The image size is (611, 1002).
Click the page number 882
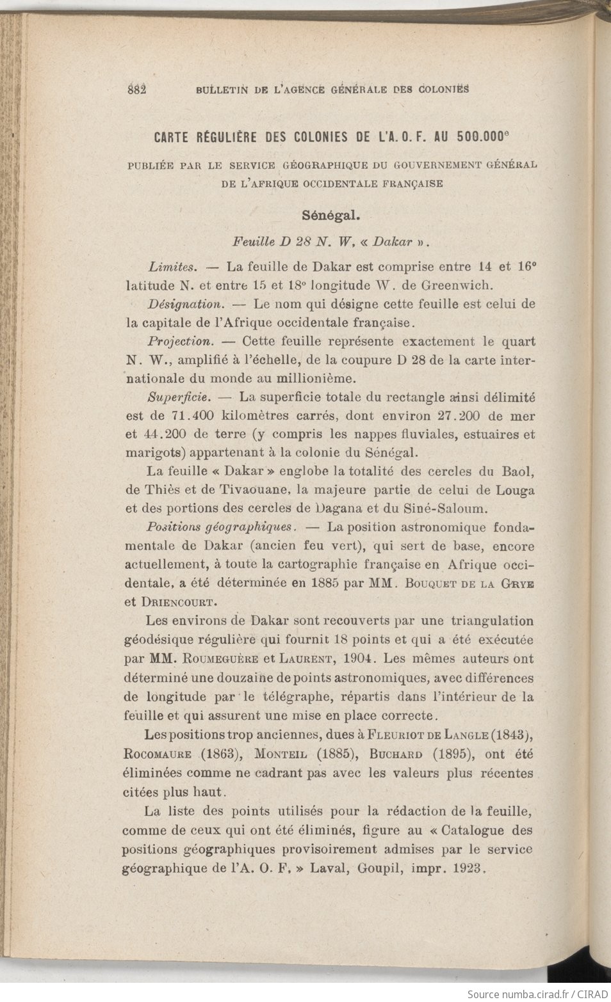click(x=138, y=89)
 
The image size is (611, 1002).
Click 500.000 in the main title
click(x=481, y=136)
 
